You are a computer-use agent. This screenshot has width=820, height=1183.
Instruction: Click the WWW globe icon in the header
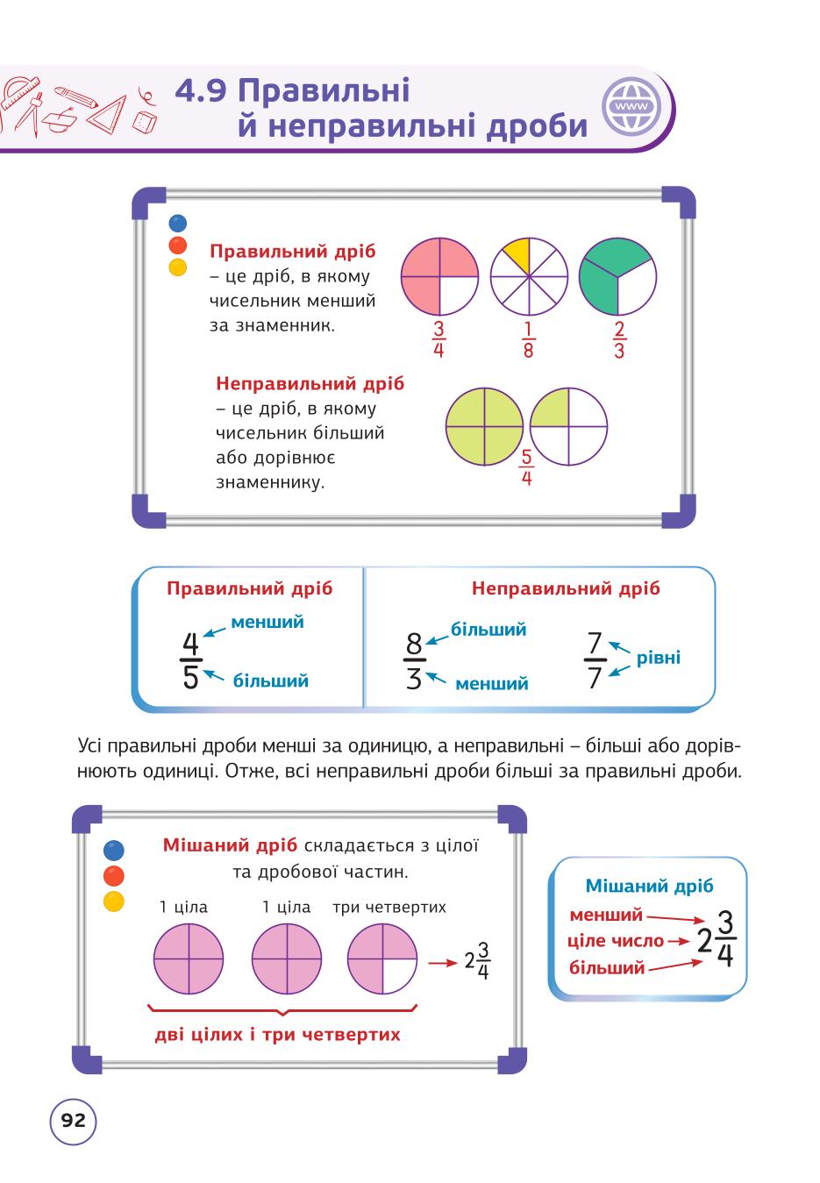[x=632, y=107]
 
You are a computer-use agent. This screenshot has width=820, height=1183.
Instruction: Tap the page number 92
[x=74, y=1120]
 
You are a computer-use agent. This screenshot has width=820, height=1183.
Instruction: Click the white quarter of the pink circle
[x=459, y=296]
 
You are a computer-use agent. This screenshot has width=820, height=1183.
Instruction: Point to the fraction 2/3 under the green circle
[x=619, y=339]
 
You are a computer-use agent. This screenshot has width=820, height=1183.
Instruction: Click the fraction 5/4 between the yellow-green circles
[x=526, y=467]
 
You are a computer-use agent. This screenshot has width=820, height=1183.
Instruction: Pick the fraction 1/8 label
[x=528, y=339]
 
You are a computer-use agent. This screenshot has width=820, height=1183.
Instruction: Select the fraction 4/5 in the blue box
[x=190, y=659]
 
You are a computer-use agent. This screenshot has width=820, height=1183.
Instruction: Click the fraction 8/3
[x=415, y=660]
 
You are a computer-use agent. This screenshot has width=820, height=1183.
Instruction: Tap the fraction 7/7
[x=595, y=660]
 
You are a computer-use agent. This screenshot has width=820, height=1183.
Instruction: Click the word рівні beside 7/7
[x=658, y=658]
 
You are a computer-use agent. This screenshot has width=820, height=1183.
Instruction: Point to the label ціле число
[x=615, y=941]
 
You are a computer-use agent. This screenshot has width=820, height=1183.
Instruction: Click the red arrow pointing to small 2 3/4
[x=442, y=963]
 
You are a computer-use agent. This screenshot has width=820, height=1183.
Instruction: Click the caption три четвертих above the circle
[x=389, y=908]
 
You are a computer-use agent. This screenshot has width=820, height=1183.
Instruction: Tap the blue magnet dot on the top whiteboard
[x=177, y=224]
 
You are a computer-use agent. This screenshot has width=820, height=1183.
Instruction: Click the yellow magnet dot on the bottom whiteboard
[x=114, y=902]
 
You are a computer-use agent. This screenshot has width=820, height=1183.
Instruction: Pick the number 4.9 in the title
[x=201, y=91]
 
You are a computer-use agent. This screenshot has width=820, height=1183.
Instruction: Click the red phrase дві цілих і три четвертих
[x=278, y=1034]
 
